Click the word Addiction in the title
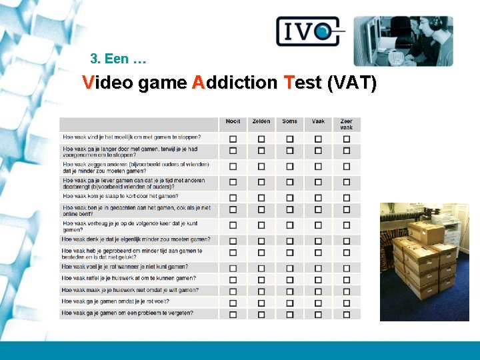click(234, 83)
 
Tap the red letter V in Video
click(88, 83)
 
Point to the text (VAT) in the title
click(352, 83)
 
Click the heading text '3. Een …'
click(118, 59)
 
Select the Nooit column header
click(233, 121)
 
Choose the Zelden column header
click(261, 121)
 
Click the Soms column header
click(289, 121)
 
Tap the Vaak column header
click(318, 121)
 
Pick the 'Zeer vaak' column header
click(346, 124)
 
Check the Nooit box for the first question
click(233, 138)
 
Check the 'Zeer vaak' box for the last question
click(346, 314)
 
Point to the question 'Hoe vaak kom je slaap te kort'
click(121, 196)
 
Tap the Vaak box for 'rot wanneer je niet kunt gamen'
click(318, 267)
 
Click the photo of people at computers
click(403, 41)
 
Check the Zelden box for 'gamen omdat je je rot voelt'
click(261, 302)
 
